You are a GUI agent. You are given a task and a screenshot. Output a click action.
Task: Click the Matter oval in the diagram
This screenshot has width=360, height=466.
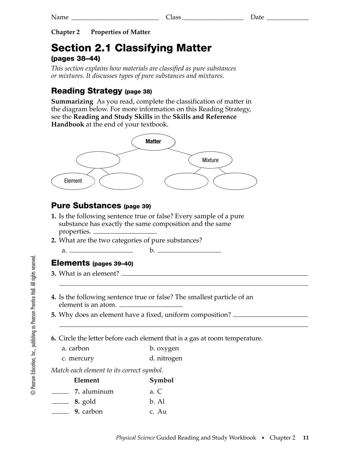click(153, 142)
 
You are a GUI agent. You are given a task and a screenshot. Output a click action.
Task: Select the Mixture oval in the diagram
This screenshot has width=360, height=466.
click(210, 160)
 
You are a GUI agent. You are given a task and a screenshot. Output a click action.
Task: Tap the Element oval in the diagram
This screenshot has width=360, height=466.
click(73, 181)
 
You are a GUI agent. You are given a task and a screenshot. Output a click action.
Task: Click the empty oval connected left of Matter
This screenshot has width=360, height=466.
click(98, 160)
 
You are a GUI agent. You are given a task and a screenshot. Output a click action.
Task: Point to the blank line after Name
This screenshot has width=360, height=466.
click(115, 19)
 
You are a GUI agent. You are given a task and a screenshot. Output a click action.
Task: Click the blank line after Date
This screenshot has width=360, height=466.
click(288, 19)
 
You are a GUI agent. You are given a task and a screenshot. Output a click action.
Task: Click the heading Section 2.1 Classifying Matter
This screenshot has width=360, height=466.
click(131, 48)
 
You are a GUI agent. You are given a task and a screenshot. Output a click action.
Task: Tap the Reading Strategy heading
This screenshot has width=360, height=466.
click(86, 91)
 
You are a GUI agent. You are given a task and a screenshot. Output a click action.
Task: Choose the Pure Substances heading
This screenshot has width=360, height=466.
click(86, 206)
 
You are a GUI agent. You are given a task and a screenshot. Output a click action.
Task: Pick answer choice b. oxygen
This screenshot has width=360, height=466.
click(164, 348)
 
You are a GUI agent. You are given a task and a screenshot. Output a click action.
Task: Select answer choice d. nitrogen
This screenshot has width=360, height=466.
click(166, 358)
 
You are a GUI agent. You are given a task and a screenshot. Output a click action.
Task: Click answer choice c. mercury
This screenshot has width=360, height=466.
click(78, 358)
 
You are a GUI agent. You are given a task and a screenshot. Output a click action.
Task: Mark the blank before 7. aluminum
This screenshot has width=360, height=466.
click(60, 392)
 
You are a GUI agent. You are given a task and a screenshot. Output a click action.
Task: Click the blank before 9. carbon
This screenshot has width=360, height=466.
click(60, 412)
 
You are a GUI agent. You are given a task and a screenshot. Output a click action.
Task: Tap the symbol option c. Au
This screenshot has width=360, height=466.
click(158, 412)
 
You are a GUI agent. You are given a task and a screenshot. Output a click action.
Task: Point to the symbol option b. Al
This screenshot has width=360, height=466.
click(157, 401)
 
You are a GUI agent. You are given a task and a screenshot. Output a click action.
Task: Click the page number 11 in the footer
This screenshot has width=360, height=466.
click(306, 438)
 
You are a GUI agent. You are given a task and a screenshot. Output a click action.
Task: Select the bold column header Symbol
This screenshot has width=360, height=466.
click(161, 380)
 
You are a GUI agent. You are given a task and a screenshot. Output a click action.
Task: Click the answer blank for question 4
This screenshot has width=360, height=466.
click(151, 306)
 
